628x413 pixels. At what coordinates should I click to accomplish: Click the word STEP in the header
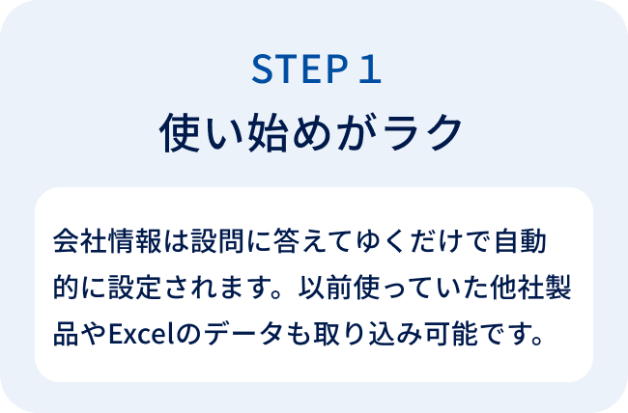300,69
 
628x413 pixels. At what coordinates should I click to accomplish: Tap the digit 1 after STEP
370,69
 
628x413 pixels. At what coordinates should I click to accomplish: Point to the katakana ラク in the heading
422,132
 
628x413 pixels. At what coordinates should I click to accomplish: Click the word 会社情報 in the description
107,241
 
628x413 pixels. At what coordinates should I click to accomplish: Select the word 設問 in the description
217,241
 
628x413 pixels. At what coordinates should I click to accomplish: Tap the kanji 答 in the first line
287,241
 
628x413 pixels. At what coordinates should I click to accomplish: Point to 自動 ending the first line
521,241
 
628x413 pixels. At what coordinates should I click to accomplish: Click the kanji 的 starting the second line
66,287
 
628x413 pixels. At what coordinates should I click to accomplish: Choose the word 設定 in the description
135,287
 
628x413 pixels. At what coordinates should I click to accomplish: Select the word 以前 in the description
326,287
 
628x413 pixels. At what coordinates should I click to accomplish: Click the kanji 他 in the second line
503,287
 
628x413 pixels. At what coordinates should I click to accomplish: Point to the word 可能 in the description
451,333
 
